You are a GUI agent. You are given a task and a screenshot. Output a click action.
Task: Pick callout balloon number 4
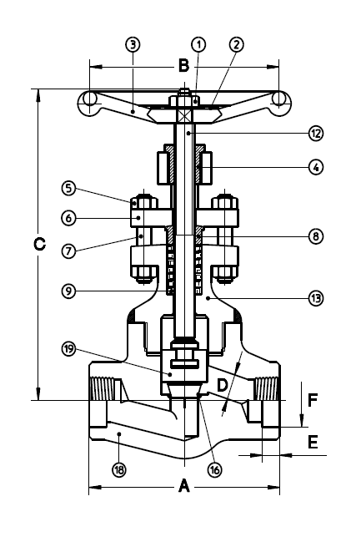[315, 166]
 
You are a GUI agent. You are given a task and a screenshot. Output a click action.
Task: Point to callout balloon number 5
[69, 189]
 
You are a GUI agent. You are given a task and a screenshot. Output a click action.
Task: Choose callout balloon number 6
[69, 217]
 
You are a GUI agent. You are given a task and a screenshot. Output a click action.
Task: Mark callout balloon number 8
[315, 236]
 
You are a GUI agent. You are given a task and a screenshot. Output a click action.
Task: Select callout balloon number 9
[69, 291]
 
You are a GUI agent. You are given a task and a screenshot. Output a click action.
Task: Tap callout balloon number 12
[315, 133]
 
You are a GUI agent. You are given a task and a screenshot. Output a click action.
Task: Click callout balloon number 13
[315, 296]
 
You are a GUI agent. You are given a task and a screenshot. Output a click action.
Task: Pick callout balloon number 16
[215, 470]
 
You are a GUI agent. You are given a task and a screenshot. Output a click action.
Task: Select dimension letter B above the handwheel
[183, 63]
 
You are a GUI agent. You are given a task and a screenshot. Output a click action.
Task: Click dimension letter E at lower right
[313, 443]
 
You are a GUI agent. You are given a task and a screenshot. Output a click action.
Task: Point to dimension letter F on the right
[313, 399]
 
